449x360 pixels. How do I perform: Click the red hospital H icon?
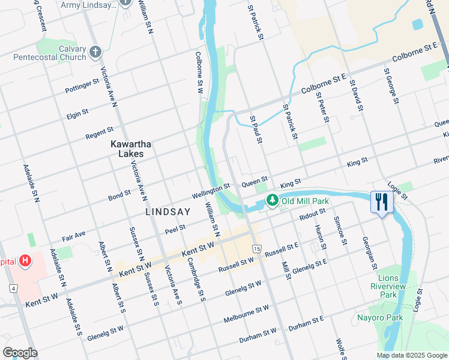tap(25, 261)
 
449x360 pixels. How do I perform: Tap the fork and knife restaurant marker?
tap(381, 202)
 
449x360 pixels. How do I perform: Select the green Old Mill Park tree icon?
tap(273, 200)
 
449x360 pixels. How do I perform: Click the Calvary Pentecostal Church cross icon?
tap(95, 52)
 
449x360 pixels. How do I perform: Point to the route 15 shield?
tap(257, 248)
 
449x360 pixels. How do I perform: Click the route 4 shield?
tap(13, 289)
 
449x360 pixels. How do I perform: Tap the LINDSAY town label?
tap(168, 212)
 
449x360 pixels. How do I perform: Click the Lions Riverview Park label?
tap(396, 286)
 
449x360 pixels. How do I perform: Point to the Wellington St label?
tap(211, 191)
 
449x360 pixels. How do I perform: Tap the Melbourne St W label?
tap(246, 313)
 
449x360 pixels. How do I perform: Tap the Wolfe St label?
tap(340, 349)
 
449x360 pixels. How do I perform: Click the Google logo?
tap(20, 353)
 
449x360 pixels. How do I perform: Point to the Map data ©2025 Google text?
tap(411, 355)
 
